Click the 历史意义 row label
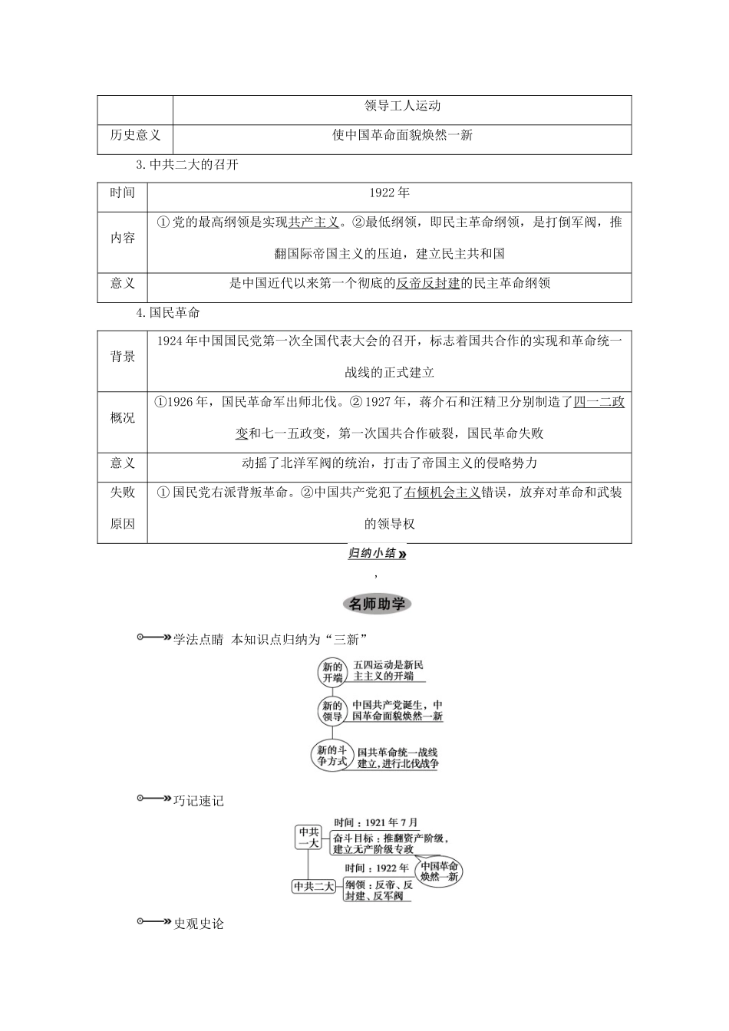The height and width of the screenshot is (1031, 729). pos(135,136)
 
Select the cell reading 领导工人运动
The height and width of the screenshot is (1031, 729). pos(402,106)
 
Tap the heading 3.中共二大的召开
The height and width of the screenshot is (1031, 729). pos(186,165)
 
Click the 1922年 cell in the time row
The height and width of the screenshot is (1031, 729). pos(389,193)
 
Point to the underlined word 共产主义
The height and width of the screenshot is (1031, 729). pos(314,222)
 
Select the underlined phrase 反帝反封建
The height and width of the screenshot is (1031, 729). pos(427,283)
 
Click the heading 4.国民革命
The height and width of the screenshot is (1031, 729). pos(167,312)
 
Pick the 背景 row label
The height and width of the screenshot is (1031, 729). pos(123,357)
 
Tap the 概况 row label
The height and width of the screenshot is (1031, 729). pos(123,418)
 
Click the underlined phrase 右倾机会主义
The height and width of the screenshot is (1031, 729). pos(442,492)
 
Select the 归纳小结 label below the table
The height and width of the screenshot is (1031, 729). pos(376,553)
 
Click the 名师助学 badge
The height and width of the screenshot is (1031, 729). pos(376,604)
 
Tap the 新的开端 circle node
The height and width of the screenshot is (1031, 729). pos(332,673)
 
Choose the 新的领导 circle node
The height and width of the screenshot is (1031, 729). pos(332,711)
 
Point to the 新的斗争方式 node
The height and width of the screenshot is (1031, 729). pos(332,756)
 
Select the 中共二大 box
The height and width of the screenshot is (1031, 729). pos(314,886)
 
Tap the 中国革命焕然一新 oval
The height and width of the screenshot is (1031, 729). pos(440,871)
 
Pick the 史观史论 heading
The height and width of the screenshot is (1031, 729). pos(199,924)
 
